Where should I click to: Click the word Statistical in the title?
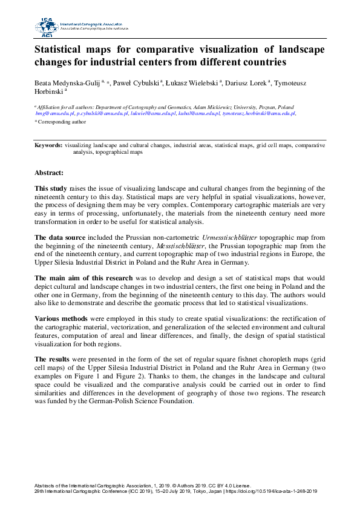(x=60, y=49)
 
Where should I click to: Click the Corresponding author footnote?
(x=61, y=122)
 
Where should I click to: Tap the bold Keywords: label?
(x=48, y=146)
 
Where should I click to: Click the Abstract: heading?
(x=50, y=173)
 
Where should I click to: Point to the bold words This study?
(x=51, y=188)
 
